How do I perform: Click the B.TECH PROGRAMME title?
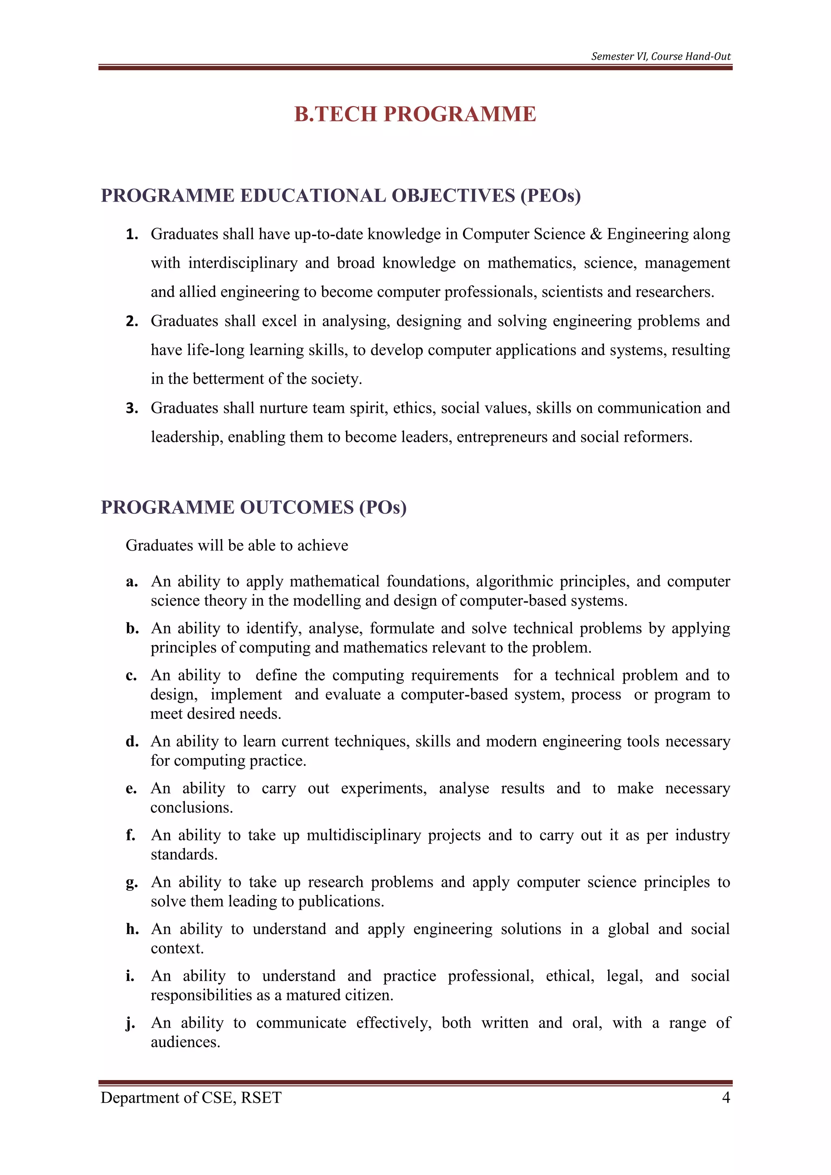(x=415, y=114)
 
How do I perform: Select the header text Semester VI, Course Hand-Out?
(x=661, y=56)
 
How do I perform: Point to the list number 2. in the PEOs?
(x=132, y=321)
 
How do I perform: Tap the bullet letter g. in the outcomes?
(x=131, y=883)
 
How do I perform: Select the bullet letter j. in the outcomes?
(x=131, y=1024)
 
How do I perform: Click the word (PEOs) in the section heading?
(x=551, y=196)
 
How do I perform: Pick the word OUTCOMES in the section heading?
(x=297, y=507)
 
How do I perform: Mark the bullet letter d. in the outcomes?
(x=132, y=742)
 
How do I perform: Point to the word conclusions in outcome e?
(x=192, y=807)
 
